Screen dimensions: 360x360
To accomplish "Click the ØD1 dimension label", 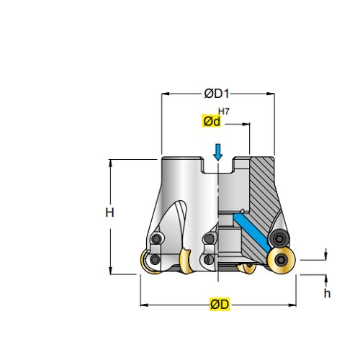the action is pyautogui.click(x=217, y=94).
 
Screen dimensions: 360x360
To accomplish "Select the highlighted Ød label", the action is pyautogui.click(x=212, y=122).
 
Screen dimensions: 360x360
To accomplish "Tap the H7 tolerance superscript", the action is pyautogui.click(x=224, y=112).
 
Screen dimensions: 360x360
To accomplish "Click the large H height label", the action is pyautogui.click(x=110, y=212).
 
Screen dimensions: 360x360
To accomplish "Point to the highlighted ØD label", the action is pyautogui.click(x=220, y=305).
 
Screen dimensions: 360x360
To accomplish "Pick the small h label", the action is pyautogui.click(x=327, y=293).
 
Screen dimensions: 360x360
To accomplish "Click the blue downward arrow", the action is pyautogui.click(x=218, y=152).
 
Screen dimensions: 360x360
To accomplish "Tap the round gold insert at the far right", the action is pyautogui.click(x=281, y=259).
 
